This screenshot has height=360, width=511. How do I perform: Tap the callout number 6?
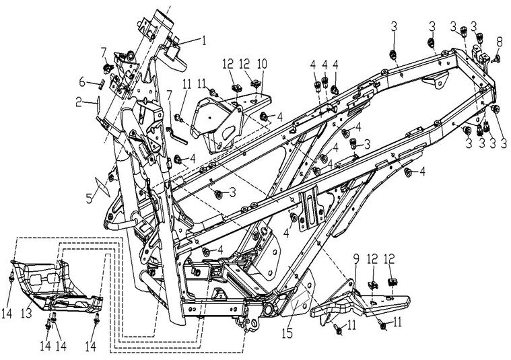(x=82, y=82)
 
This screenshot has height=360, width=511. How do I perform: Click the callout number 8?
(x=498, y=42)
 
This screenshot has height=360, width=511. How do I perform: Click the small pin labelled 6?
(x=99, y=84)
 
